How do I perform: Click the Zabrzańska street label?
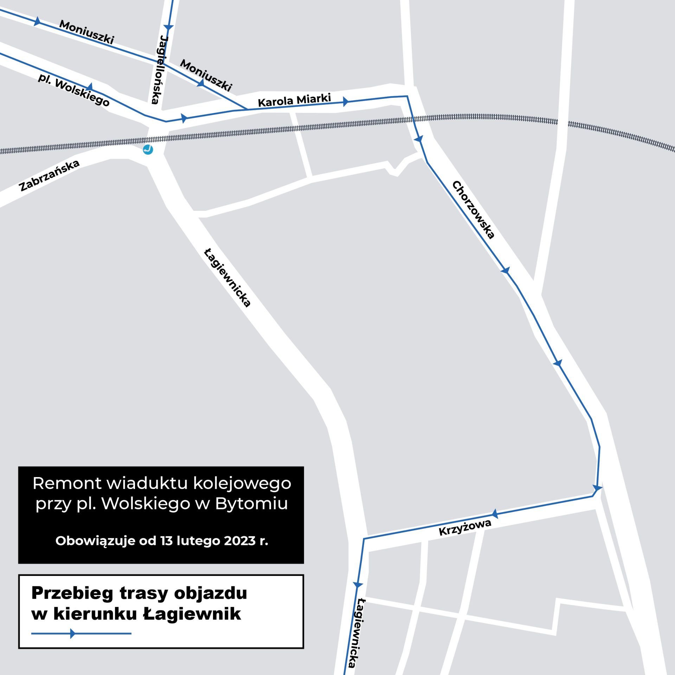50,175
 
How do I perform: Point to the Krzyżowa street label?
465,528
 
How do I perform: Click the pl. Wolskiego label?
74,90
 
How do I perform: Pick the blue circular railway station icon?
148,150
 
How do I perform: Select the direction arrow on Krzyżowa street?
495,514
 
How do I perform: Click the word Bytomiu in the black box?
251,503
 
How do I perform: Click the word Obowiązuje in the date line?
95,541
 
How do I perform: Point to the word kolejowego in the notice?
243,483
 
